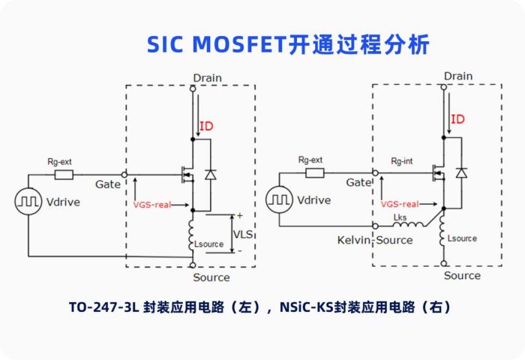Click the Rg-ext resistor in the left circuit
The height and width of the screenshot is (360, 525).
click(x=64, y=175)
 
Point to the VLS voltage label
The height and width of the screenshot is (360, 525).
click(x=242, y=234)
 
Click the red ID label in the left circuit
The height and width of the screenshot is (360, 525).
click(x=205, y=126)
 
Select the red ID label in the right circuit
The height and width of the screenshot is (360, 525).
click(x=457, y=119)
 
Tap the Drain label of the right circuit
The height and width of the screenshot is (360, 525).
click(x=458, y=76)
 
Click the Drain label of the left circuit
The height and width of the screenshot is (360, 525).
click(x=207, y=78)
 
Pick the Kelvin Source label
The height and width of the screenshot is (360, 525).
click(x=373, y=240)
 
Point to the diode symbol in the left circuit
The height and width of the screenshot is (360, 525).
click(x=210, y=174)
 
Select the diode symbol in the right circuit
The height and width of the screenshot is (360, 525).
click(x=461, y=172)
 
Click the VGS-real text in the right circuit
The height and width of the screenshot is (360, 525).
click(x=399, y=203)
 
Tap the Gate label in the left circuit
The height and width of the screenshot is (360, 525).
click(x=109, y=184)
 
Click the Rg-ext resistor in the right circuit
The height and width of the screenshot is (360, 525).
click(x=313, y=173)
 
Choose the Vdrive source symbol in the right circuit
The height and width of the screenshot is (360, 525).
click(x=280, y=199)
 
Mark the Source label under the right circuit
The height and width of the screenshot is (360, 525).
click(x=461, y=275)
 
